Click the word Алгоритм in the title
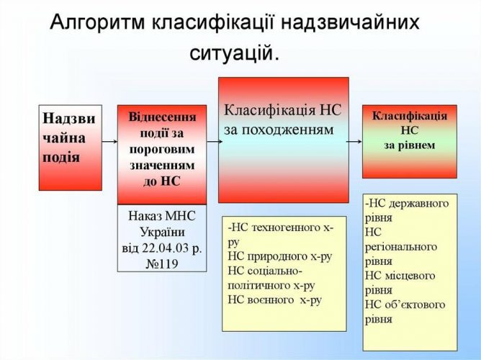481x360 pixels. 97,22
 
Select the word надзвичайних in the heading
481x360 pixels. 350,23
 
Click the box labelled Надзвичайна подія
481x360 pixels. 71,148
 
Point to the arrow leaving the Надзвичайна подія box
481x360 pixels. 109,141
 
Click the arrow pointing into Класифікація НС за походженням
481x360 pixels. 215,141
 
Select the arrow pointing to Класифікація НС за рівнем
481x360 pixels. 354,141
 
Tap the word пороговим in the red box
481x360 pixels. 162,150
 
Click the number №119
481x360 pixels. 162,264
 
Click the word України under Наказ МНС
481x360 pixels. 162,232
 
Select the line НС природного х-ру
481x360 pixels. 280,256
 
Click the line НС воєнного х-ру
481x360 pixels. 275,300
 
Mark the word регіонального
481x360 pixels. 401,247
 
